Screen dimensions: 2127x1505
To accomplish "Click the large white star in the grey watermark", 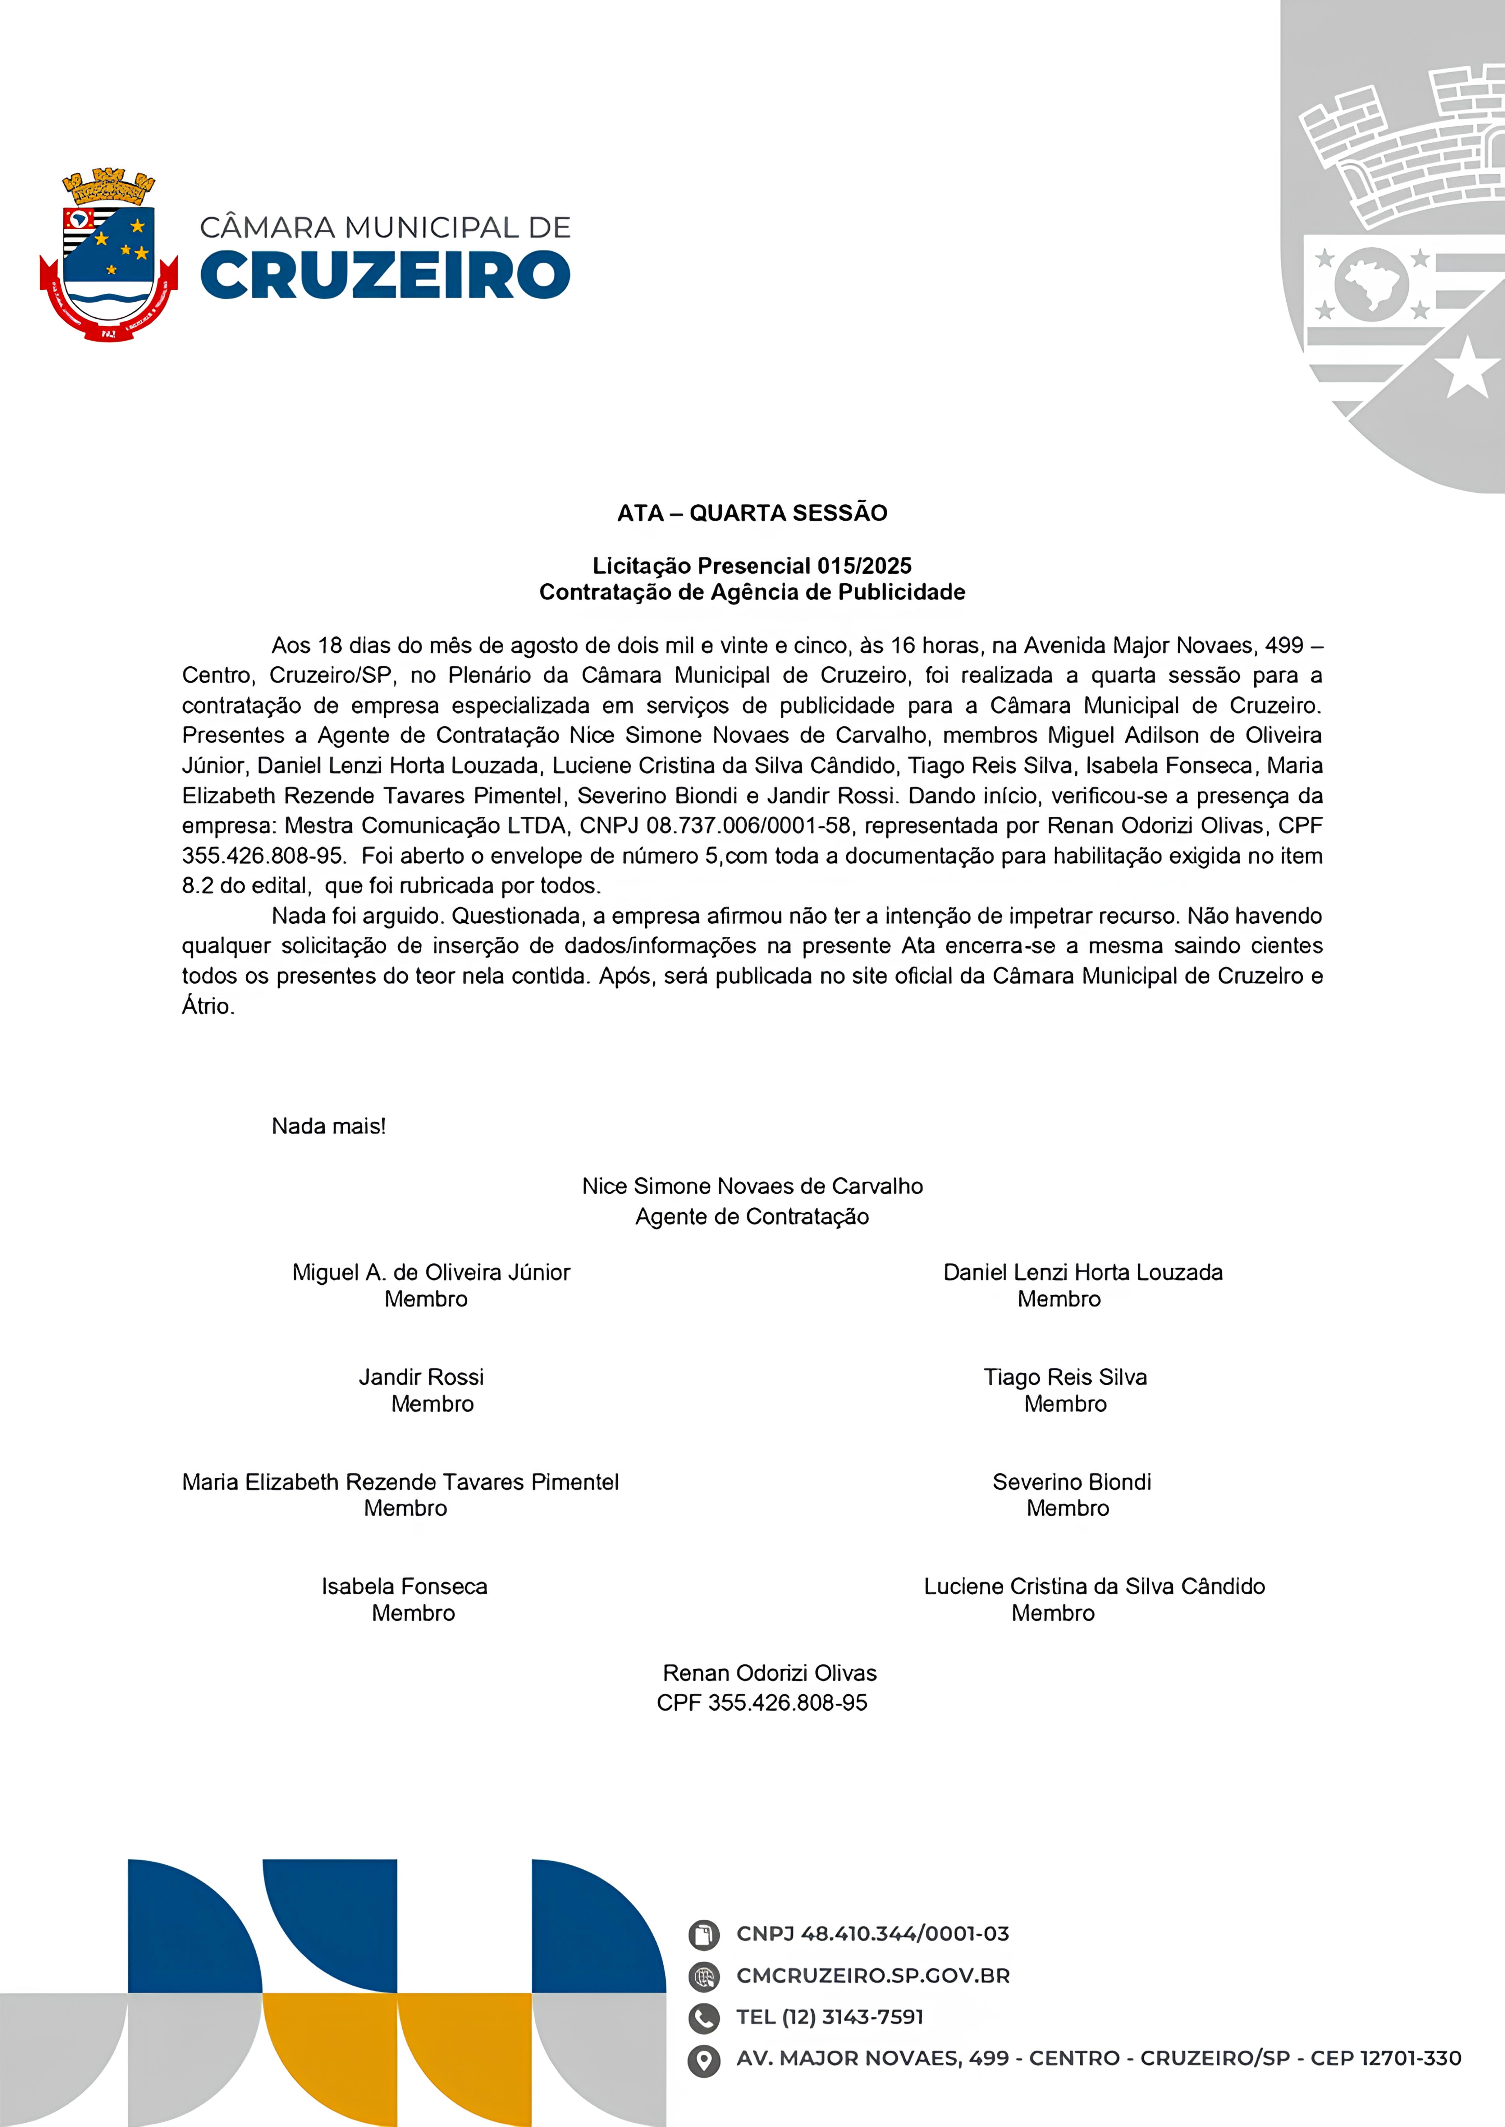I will tap(1467, 368).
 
